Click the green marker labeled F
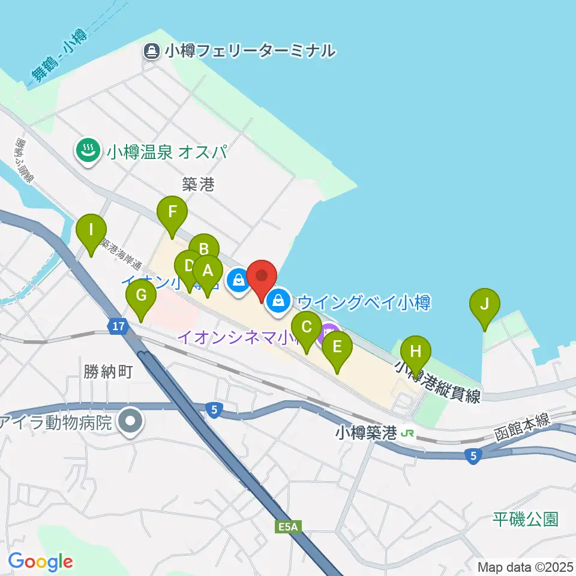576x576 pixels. (172, 212)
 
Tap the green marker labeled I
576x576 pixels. (91, 230)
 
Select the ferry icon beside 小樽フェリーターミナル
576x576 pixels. (150, 51)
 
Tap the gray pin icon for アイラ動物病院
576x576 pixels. (130, 422)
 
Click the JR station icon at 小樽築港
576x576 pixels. (408, 433)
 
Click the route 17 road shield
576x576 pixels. (118, 326)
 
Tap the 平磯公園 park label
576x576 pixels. (526, 519)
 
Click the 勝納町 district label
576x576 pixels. (107, 372)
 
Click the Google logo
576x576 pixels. (40, 562)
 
